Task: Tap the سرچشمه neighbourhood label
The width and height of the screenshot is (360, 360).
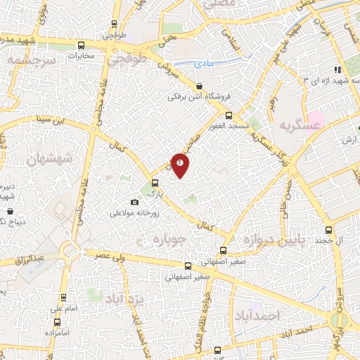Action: (30, 62)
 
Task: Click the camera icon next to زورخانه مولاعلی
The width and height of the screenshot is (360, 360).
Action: (135, 202)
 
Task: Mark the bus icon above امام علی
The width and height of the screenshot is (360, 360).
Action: (63, 297)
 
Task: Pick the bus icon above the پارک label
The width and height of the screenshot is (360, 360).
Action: (155, 181)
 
